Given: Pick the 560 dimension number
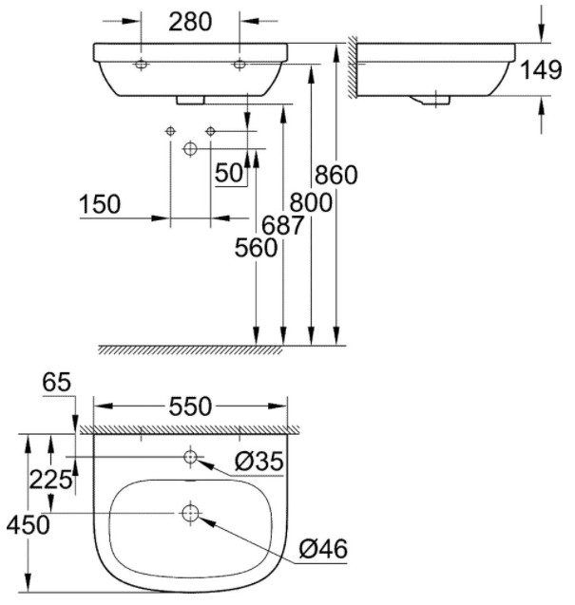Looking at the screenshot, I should pos(256,249).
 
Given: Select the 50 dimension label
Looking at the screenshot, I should pos(228,172).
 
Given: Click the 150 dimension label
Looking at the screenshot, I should pos(100,204).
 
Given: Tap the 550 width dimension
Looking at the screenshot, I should pos(189,406).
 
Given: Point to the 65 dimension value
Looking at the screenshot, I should pos(57,383).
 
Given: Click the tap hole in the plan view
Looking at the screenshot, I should pos(190,458).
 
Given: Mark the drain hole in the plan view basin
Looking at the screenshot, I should pos(190,514).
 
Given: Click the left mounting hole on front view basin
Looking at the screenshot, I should pos(142,64).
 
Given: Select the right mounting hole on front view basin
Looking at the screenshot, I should pos(238,64).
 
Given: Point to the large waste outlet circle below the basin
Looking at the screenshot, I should pos(190,149).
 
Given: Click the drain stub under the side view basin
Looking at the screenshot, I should pos(435,99).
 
